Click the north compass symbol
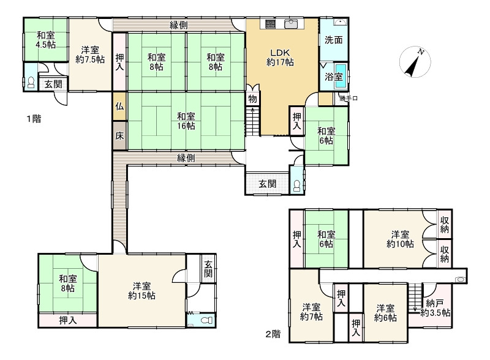click(x=415, y=62)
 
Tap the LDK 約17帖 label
click(x=280, y=58)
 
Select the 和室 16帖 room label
click(x=186, y=121)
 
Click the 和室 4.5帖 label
click(x=45, y=40)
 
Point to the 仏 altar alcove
click(x=119, y=107)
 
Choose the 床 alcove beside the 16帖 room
click(x=119, y=136)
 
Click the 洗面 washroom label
click(x=333, y=40)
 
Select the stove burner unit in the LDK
click(x=270, y=24)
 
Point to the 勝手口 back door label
click(x=349, y=99)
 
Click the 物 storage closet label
click(x=252, y=99)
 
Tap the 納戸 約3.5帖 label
click(x=435, y=307)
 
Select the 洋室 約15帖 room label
click(x=142, y=291)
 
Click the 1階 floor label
click(x=34, y=119)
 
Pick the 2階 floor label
click(x=273, y=334)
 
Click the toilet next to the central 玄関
click(x=297, y=186)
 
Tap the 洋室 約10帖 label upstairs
click(x=401, y=239)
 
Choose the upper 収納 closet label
click(x=445, y=224)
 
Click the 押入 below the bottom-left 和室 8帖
click(x=68, y=320)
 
